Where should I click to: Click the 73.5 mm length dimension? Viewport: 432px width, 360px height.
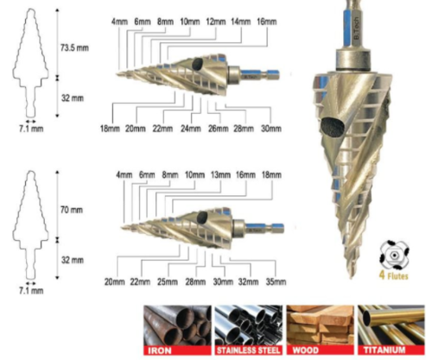click(74, 47)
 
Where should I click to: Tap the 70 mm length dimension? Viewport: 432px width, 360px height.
click(72, 210)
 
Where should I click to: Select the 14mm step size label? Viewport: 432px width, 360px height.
click(241, 22)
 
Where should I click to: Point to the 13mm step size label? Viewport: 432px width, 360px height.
click(220, 175)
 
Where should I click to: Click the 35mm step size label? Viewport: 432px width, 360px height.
click(276, 281)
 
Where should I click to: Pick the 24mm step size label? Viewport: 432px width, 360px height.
click(191, 129)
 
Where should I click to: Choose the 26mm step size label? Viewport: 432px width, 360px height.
click(219, 129)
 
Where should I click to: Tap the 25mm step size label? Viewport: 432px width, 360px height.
click(168, 281)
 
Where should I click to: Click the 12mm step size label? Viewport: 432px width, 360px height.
click(216, 22)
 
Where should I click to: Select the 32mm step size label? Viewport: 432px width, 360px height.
click(248, 281)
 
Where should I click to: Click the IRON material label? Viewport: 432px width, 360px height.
click(160, 351)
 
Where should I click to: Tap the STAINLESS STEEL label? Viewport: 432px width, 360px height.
click(248, 351)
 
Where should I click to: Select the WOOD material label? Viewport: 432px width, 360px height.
click(305, 351)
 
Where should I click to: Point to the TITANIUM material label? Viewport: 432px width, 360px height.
click(384, 351)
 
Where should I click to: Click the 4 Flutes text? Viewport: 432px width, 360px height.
click(394, 275)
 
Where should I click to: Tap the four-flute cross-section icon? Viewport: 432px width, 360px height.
click(394, 255)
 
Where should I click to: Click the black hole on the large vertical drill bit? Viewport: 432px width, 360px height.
click(333, 127)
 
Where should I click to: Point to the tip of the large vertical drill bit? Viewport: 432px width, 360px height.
click(351, 278)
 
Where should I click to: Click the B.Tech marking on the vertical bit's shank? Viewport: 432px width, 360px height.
click(357, 28)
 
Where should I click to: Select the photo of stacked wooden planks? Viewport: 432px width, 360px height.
click(320, 325)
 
